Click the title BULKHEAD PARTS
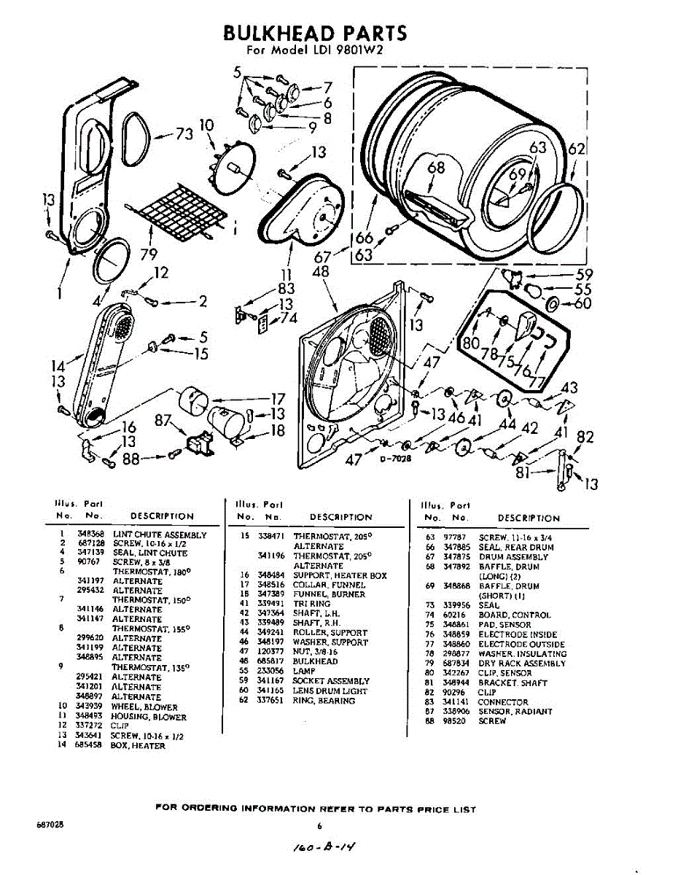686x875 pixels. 314,33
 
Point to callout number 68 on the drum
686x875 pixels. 436,168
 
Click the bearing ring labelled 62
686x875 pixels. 559,212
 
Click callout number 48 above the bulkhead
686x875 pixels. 320,272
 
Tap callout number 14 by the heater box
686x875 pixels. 58,366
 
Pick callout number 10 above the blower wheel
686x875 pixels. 207,125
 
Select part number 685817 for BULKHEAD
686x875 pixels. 270,661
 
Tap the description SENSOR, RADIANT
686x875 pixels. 515,712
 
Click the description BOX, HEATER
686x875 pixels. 138,746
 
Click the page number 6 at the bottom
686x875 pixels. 319,826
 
